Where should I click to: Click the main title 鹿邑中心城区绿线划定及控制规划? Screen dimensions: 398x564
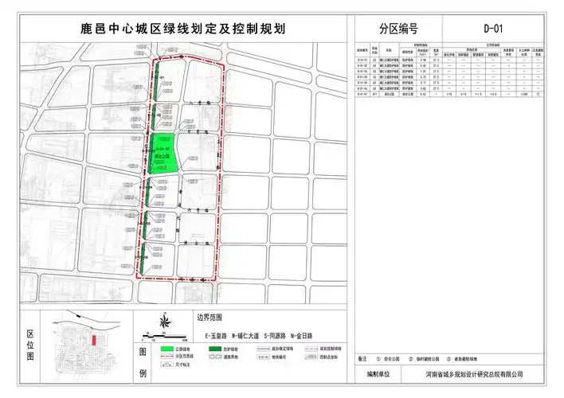point(183,29)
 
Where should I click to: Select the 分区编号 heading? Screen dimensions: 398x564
point(398,29)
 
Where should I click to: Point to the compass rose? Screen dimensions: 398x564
point(164,322)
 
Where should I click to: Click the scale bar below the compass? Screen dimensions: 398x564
point(163,334)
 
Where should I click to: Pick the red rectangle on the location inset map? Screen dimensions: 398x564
point(95,340)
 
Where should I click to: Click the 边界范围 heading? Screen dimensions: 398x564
point(207,316)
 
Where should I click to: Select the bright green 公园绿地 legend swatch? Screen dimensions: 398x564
point(166,349)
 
